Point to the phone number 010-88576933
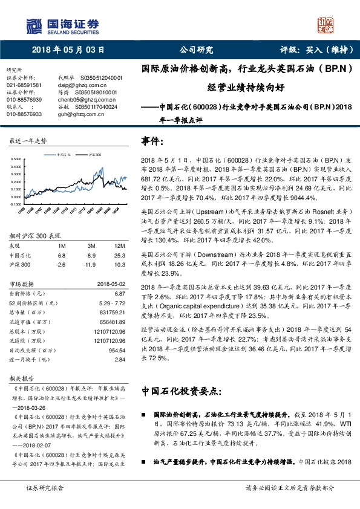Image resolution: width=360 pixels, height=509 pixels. click(x=24, y=114)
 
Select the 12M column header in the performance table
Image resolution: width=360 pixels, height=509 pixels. click(x=119, y=246)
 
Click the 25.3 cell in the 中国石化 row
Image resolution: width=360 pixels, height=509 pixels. click(x=119, y=255)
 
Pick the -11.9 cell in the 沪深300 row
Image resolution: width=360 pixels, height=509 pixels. click(x=93, y=264)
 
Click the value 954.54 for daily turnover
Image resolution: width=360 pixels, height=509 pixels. click(x=116, y=350)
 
